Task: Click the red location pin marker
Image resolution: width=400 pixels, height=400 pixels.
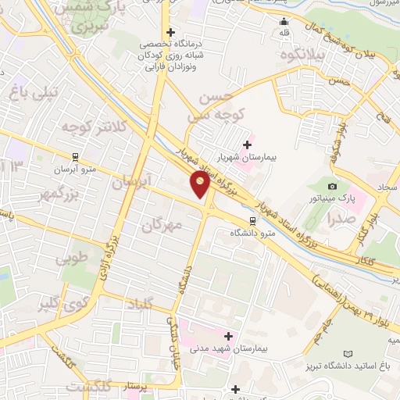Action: [x=200, y=184]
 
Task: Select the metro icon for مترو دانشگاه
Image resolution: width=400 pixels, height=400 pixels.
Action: [x=252, y=221]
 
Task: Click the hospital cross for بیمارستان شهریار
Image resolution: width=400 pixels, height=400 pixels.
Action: [x=248, y=145]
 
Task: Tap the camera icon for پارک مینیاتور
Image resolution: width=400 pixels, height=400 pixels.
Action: [x=334, y=186]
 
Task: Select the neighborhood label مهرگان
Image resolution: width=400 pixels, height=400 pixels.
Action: [x=162, y=225]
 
